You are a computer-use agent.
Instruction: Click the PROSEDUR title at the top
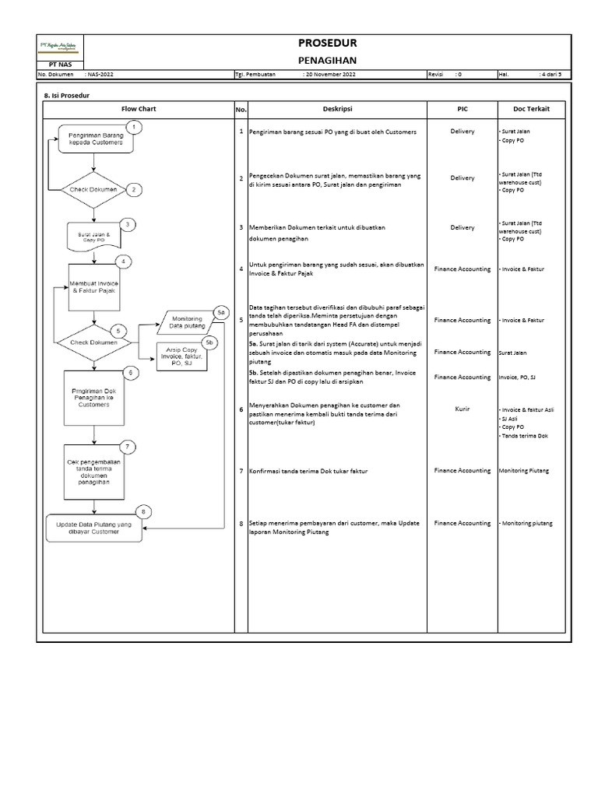pos(332,43)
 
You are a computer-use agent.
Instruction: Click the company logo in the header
pos(57,47)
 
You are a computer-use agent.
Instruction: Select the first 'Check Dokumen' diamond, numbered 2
pos(93,189)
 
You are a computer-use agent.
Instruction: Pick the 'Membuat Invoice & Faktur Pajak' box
pos(93,286)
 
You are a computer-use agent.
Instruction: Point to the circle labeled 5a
pos(221,312)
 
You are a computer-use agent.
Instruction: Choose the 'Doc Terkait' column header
pos(532,109)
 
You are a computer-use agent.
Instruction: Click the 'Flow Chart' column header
pos(139,109)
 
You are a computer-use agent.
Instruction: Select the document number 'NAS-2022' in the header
pos(100,75)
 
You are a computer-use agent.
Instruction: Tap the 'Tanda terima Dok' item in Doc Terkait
pos(524,436)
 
